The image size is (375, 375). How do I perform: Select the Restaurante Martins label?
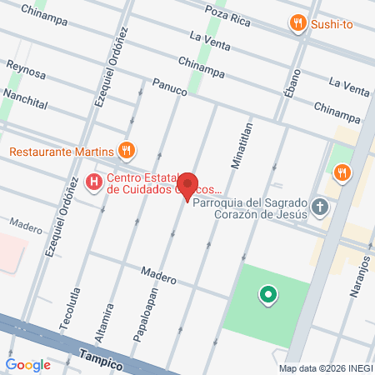61,152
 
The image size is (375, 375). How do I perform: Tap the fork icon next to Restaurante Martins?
127,151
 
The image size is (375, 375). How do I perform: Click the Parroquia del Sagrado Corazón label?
250,207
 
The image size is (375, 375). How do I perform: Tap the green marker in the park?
267,294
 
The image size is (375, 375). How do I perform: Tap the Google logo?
28,364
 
